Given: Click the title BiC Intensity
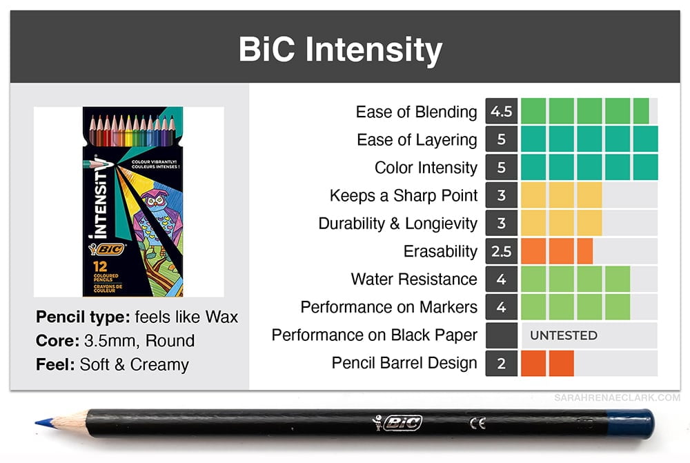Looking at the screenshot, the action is (340, 49).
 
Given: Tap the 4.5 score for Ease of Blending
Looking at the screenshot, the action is (501, 111).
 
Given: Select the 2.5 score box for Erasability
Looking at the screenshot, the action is (501, 251).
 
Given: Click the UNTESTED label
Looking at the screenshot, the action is (564, 335).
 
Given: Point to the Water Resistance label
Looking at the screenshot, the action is (414, 279).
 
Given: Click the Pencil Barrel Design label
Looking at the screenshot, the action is (404, 363).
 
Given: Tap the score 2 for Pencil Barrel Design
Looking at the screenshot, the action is (501, 363).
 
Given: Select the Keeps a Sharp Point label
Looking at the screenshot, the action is (404, 195).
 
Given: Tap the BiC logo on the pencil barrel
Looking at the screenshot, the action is (397, 423).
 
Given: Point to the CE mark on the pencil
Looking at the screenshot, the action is (477, 424).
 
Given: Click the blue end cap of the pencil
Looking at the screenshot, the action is (630, 424).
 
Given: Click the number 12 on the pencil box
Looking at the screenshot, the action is (100, 266).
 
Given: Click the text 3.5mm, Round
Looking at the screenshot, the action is (139, 341).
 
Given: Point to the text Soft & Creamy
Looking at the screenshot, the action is (135, 364).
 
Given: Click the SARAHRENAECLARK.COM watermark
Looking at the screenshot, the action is (617, 397).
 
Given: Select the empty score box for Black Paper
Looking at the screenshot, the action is (501, 335).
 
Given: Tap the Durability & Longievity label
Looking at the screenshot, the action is (398, 224).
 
